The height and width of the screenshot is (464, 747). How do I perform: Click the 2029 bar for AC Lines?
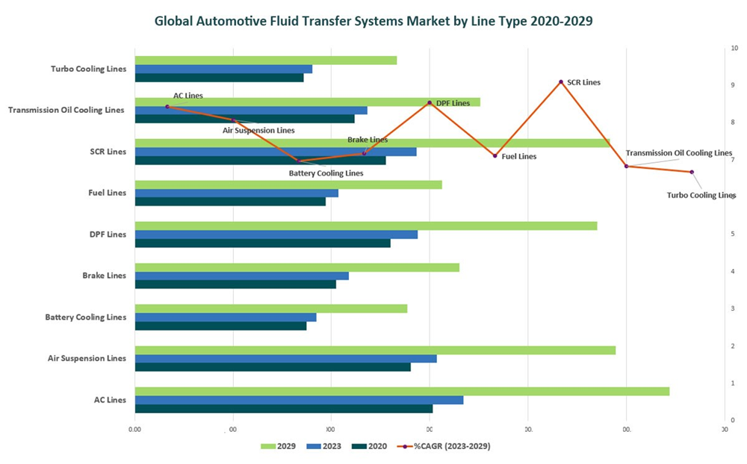point(402,392)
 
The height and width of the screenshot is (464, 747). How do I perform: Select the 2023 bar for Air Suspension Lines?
point(285,359)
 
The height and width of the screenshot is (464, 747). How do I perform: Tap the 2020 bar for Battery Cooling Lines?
point(220,326)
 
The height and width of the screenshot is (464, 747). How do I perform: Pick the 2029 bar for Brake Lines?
point(297,267)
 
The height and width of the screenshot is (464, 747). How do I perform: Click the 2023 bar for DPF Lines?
point(276,235)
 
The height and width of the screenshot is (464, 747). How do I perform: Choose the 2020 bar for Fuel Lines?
point(230,201)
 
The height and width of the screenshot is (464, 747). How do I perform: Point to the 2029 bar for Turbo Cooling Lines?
point(265,61)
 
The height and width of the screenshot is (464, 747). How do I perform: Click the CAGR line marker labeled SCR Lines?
point(561,82)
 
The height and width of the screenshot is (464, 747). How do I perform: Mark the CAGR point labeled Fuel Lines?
point(495,155)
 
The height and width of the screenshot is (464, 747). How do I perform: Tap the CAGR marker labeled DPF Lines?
point(430,103)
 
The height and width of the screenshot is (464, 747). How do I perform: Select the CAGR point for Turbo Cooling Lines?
point(692,172)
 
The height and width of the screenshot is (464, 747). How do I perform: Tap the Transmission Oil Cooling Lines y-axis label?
point(66,111)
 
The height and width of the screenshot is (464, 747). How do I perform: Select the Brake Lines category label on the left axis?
point(104,276)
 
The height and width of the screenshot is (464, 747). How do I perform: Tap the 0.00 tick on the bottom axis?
point(134,430)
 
